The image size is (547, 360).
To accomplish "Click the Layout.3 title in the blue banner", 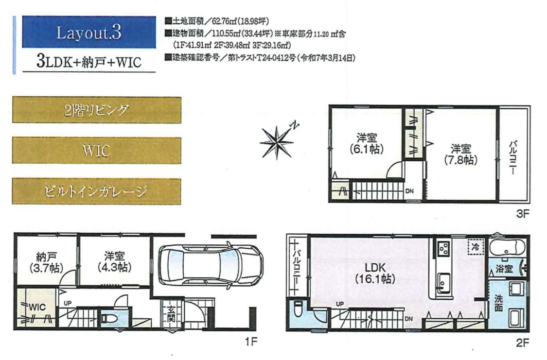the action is [88, 33].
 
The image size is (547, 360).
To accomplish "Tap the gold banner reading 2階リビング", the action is [97, 110].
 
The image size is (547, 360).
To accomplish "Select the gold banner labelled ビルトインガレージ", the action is [97, 191].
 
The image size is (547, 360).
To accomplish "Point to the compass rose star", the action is [277, 141].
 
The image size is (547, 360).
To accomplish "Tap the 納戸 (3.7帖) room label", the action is [47, 262].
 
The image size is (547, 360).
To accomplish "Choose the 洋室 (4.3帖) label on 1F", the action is [114, 262].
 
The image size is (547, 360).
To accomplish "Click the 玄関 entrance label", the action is [171, 313].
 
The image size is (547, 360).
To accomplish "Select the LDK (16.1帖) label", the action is [375, 273].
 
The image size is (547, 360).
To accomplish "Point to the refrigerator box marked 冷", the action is [475, 247].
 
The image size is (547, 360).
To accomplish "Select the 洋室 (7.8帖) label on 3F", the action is [460, 154].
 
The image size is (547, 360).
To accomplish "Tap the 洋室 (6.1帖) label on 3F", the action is [366, 144].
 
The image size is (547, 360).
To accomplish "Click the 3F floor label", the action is [522, 213].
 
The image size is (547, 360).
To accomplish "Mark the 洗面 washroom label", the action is [498, 303].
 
